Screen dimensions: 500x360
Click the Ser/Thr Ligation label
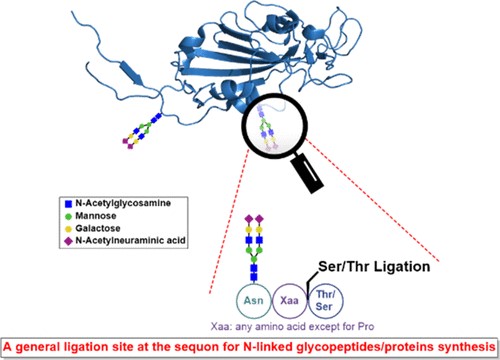[374, 267]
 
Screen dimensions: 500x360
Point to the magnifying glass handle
[308, 174]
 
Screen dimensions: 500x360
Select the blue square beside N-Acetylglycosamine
[69, 204]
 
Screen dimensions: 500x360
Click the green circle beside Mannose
[69, 216]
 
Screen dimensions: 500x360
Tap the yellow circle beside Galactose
[69, 229]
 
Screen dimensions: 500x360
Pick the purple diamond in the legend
[69, 241]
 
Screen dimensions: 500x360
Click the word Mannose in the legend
[96, 216]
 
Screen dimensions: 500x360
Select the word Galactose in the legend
[98, 228]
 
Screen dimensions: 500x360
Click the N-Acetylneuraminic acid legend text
[130, 240]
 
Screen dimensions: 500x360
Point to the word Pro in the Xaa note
[366, 326]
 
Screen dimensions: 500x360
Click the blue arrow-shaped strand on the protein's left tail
[131, 72]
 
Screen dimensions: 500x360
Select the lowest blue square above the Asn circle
[254, 277]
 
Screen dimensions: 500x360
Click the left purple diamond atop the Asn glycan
[249, 219]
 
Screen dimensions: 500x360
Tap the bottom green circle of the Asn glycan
[254, 259]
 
